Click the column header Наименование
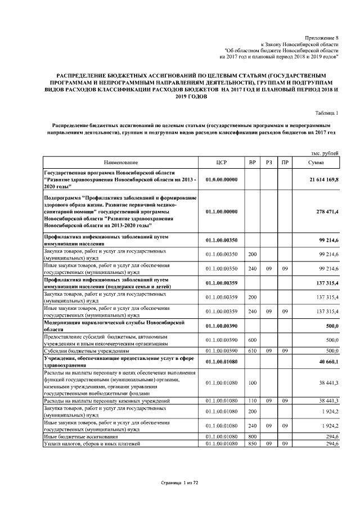[x=120, y=163]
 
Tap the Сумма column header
[x=316, y=163]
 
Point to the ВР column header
[x=253, y=163]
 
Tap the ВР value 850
[x=253, y=444]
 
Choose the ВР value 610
[x=253, y=350]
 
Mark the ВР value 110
[x=253, y=400]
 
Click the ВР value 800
[x=253, y=436]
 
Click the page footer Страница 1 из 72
[x=179, y=484]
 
